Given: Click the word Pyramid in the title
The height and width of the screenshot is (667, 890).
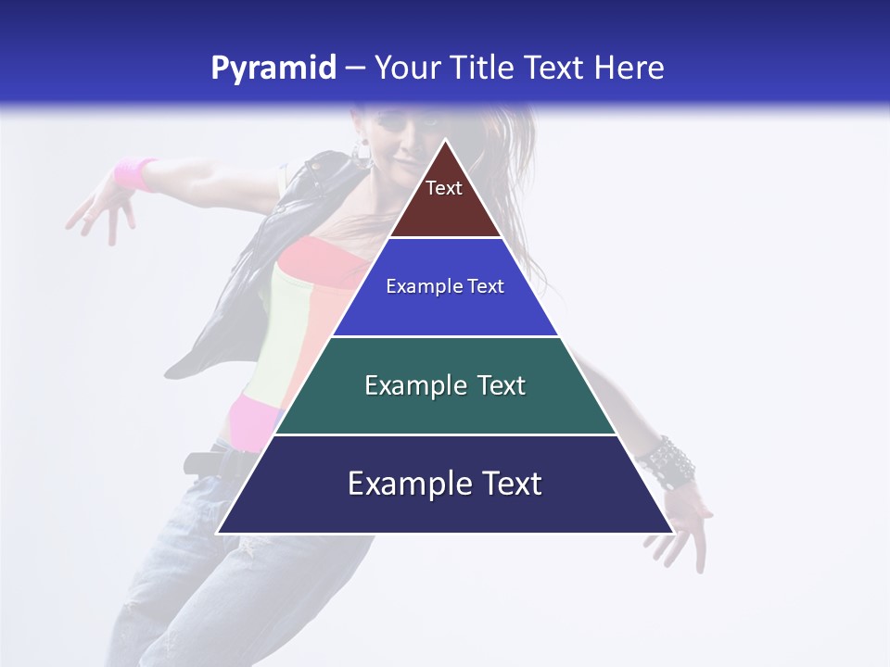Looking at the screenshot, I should pyautogui.click(x=273, y=69).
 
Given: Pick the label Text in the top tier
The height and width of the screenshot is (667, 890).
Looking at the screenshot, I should pyautogui.click(x=444, y=188).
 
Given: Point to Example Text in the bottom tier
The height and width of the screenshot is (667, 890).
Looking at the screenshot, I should pyautogui.click(x=445, y=484).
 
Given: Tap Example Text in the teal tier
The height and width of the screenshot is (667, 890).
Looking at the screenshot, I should pyautogui.click(x=445, y=385).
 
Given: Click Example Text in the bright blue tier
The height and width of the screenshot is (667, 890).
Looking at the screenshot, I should pyautogui.click(x=445, y=286).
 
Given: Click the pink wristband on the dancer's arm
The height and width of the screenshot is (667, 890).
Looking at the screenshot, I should pyautogui.click(x=135, y=173).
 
